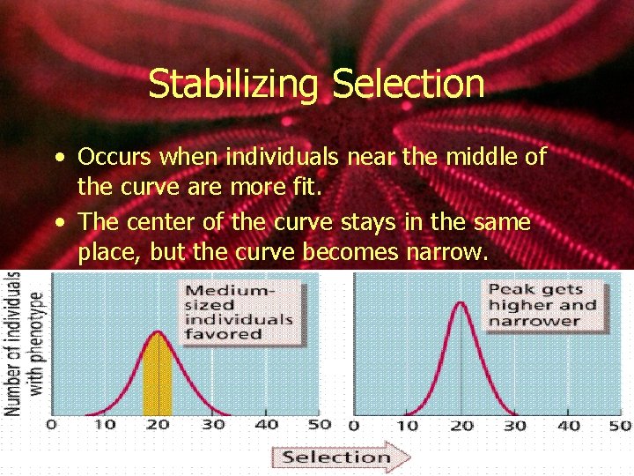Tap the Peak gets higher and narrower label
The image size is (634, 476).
(x=542, y=305)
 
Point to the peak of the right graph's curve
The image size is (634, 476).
(x=460, y=305)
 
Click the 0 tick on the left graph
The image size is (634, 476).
(x=51, y=425)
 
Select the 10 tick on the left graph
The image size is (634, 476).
(x=104, y=425)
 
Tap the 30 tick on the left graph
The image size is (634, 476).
(x=212, y=425)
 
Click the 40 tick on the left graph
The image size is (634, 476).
(x=266, y=425)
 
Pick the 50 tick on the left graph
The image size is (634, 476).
(x=320, y=425)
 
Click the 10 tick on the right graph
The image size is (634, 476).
(x=406, y=426)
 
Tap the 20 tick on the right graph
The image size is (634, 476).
(x=460, y=426)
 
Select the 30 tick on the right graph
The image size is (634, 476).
(x=514, y=426)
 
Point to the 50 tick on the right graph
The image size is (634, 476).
(x=620, y=426)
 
